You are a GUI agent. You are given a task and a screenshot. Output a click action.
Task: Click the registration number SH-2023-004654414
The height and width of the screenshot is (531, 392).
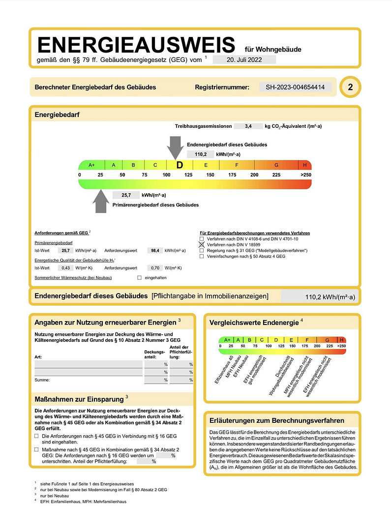295,87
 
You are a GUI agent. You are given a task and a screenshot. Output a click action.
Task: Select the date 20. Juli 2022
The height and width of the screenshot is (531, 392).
244,59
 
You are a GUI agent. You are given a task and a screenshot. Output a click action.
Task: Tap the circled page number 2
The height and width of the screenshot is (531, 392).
350,87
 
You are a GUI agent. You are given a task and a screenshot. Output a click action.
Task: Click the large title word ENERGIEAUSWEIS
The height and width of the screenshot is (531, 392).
136,45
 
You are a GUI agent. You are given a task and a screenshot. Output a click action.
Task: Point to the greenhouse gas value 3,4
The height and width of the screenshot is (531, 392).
248,126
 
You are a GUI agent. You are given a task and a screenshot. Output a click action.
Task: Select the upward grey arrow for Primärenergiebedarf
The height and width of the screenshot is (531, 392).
101,201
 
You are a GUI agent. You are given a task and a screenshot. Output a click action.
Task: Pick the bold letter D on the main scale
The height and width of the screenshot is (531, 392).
180,165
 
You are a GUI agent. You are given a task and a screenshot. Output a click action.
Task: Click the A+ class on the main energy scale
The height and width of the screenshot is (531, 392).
91,165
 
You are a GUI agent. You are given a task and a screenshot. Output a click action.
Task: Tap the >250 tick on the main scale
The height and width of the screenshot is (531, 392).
306,175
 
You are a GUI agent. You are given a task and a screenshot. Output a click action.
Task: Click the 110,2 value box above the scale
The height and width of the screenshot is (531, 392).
201,154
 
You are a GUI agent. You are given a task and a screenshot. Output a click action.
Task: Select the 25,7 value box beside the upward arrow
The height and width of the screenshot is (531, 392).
126,195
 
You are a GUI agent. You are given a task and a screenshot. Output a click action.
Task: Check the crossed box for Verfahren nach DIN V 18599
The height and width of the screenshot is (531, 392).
202,244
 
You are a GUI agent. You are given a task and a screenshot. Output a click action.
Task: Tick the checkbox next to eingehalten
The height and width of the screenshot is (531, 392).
139,278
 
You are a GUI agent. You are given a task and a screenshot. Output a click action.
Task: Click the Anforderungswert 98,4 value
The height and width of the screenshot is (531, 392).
155,251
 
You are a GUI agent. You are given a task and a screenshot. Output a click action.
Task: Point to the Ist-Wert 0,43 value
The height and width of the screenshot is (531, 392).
66,268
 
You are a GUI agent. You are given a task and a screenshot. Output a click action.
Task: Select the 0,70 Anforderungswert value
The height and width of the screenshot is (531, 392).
155,268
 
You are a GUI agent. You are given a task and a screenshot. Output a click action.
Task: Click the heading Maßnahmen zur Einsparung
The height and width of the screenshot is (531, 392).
79,399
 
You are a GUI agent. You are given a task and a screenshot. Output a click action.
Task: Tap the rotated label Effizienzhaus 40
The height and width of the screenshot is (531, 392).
224,369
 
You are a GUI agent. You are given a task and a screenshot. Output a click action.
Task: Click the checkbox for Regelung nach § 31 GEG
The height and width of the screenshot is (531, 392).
202,251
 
